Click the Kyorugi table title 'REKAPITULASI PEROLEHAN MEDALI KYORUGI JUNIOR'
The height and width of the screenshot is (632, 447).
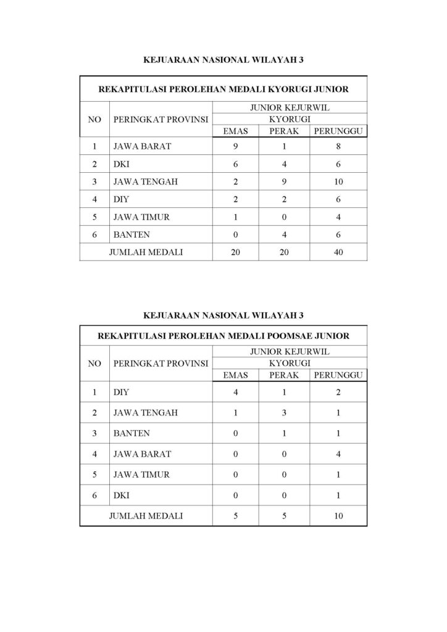coord(223,89)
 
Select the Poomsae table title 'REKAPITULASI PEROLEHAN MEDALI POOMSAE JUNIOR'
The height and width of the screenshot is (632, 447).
coord(223,336)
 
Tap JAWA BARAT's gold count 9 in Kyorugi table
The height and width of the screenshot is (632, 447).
coord(235,147)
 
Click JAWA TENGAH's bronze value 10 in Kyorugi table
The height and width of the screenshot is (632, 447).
coord(338,182)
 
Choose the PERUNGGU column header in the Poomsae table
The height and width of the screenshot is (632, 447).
coord(338,375)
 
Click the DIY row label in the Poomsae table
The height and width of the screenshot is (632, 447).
coord(120,391)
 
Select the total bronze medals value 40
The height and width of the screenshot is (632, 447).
coord(338,252)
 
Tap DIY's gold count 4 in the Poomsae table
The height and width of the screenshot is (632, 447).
coord(235,391)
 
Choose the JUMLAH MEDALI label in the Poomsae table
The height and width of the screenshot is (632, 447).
coord(146,515)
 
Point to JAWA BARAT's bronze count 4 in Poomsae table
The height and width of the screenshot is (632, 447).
coord(338,454)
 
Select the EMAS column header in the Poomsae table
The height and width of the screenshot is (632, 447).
coord(235,375)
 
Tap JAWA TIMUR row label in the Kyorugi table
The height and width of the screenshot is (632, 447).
coord(141,217)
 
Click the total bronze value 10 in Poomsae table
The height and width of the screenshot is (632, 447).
coord(338,515)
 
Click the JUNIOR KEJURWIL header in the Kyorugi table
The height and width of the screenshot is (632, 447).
coord(289,107)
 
